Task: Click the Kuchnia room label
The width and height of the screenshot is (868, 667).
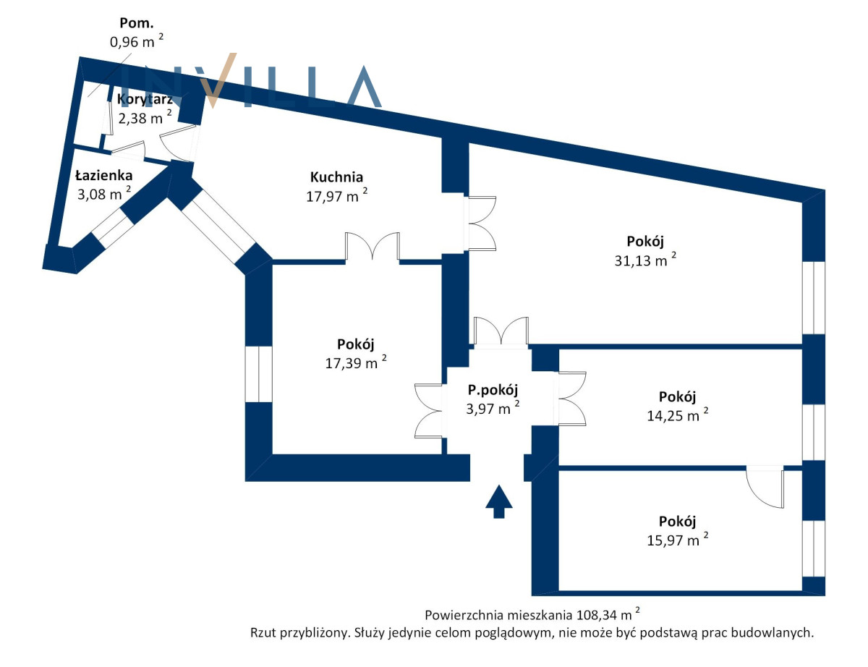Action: [x=336, y=177]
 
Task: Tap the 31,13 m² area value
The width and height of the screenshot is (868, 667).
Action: [x=644, y=261]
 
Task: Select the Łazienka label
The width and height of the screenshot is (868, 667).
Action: [x=103, y=174]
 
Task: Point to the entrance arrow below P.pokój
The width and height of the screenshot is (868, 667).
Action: [x=498, y=501]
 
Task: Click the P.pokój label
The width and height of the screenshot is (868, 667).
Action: [x=493, y=390]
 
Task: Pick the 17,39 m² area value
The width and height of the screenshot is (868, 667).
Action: [x=355, y=362]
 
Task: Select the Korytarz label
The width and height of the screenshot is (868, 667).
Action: [x=145, y=99]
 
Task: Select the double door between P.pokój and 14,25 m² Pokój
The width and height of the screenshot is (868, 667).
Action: [x=571, y=398]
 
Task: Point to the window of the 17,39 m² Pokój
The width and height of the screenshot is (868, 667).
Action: [x=258, y=373]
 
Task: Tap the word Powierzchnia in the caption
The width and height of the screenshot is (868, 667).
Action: [x=462, y=616]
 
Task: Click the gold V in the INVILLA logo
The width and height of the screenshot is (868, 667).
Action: [x=220, y=79]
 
